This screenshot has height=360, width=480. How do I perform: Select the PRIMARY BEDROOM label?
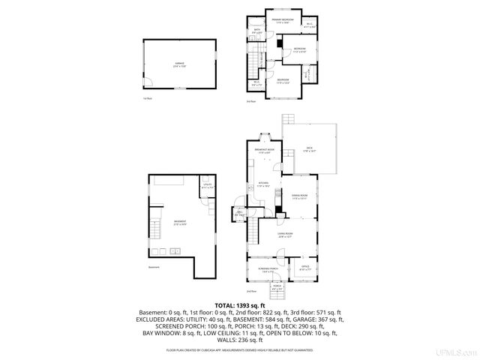click(x=282, y=21)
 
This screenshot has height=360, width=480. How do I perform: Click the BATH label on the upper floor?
click(x=257, y=31)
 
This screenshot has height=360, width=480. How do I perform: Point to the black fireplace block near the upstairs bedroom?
click(x=279, y=44)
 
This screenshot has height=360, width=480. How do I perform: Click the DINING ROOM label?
click(x=301, y=197)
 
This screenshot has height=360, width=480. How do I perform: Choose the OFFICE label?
click(x=305, y=266)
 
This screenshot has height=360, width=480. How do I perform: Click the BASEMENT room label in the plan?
click(x=180, y=222)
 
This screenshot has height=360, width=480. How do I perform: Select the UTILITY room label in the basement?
click(x=207, y=186)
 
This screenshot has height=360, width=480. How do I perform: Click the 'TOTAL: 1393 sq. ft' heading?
click(x=239, y=306)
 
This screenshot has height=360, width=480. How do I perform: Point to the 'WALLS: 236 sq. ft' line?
click(x=239, y=338)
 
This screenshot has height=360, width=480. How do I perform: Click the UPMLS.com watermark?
click(x=457, y=352)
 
